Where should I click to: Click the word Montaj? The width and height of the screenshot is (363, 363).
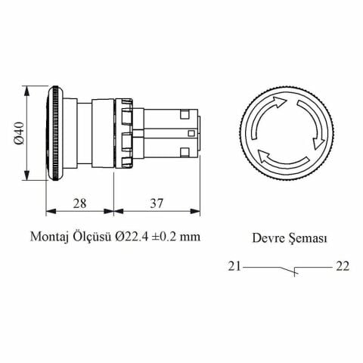click(x=50, y=237)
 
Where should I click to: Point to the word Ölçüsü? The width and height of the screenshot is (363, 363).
click(x=94, y=237)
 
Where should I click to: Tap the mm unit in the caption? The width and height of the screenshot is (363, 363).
click(x=193, y=237)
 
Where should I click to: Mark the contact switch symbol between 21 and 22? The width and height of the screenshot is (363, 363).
click(x=289, y=268)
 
